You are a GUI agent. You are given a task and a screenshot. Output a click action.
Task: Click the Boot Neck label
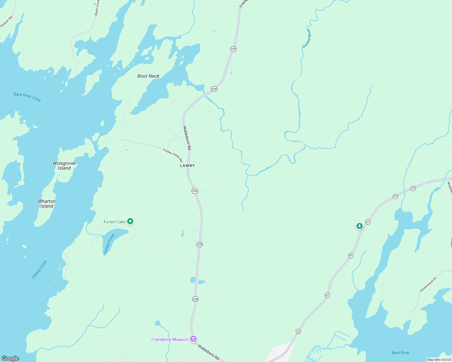pos(148,76)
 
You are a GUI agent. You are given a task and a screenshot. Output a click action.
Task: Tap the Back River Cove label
pos(27,97)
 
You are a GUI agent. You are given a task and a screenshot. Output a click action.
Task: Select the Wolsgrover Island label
pos(64,166)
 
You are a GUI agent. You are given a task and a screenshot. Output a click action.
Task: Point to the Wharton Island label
pos(47,204)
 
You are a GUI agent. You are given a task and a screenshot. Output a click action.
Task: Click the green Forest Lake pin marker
pos(130,221)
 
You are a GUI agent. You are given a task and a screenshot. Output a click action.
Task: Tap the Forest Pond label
pos(109,244)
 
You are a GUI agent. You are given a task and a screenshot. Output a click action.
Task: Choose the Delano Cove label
pos(39,269)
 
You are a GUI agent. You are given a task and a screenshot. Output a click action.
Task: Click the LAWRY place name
pos(187,166)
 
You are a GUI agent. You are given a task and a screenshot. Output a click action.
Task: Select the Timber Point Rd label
pos(173,155)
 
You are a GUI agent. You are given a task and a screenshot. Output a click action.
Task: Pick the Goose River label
pos(307,39)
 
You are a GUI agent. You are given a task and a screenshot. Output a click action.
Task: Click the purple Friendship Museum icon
pos(193,339)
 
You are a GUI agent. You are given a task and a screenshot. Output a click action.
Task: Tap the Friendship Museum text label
pos(170,339)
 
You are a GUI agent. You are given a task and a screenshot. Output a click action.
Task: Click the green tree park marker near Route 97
pos(359,226)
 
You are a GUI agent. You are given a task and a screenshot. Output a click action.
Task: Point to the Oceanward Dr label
pos(428,284)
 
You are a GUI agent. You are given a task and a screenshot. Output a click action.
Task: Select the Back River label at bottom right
pos(401,353)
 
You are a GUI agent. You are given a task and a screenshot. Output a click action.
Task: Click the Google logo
pos(10,358)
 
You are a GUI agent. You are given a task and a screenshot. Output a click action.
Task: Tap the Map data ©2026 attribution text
pos(439,360)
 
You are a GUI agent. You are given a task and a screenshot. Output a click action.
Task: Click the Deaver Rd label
pos(6,22)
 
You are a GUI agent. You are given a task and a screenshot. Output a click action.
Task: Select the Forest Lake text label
pos(115,222)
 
